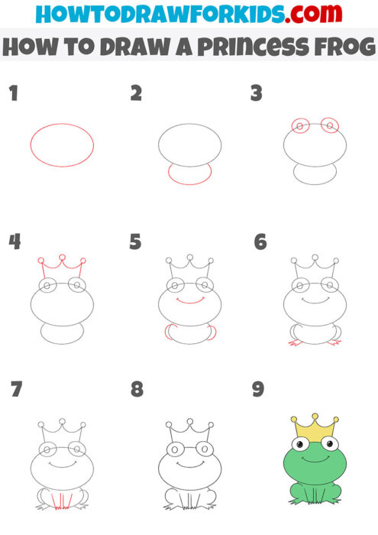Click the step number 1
tap(12, 94)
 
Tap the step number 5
tap(136, 243)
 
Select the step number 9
tap(258, 390)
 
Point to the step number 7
tap(16, 390)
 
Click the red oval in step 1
tap(62, 144)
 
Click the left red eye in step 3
tap(300, 125)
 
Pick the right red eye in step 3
tap(329, 125)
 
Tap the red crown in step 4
tap(61, 266)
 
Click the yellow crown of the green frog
tap(314, 425)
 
